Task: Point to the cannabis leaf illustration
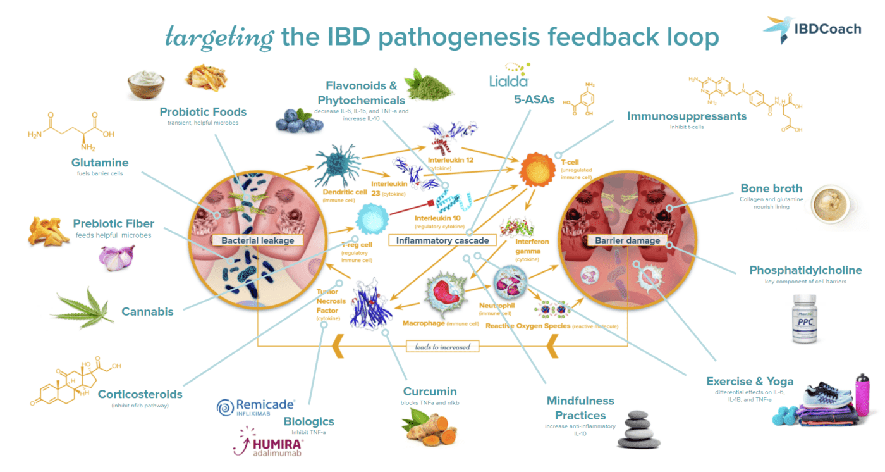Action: coord(83,308)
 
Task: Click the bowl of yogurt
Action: coord(146,85)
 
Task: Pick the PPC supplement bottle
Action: coord(809,319)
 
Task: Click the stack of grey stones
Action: coord(637,428)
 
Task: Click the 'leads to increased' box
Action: coord(442,347)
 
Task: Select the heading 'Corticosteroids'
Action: coord(140,394)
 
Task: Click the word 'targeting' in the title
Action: coord(219,38)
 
